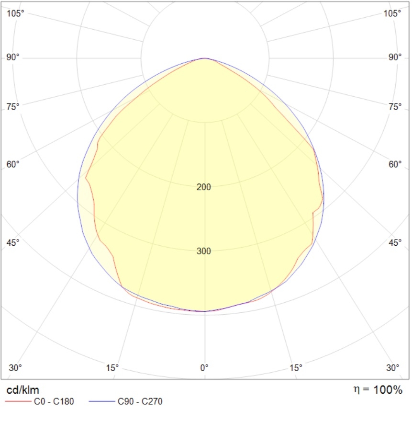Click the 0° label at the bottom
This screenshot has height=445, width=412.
point(204,368)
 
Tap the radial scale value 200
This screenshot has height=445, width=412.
point(204,187)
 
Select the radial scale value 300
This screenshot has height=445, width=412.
point(204,251)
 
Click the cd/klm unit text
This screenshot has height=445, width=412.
point(22,390)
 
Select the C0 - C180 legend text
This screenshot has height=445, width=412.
point(54,402)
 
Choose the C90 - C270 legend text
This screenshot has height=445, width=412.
point(140,402)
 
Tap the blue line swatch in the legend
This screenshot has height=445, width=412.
point(101,402)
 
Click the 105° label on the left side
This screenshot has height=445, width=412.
point(15,13)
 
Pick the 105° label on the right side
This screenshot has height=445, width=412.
point(393,13)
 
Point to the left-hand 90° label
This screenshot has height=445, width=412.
point(13,57)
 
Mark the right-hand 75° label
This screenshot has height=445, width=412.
point(395,107)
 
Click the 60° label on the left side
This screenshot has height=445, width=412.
point(13,165)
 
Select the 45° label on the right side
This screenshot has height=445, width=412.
point(395,243)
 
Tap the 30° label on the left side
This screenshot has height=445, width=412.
point(15,368)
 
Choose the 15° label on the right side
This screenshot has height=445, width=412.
point(296,368)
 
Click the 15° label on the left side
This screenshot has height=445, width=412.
point(112,368)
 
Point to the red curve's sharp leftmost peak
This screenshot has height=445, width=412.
point(86,178)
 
